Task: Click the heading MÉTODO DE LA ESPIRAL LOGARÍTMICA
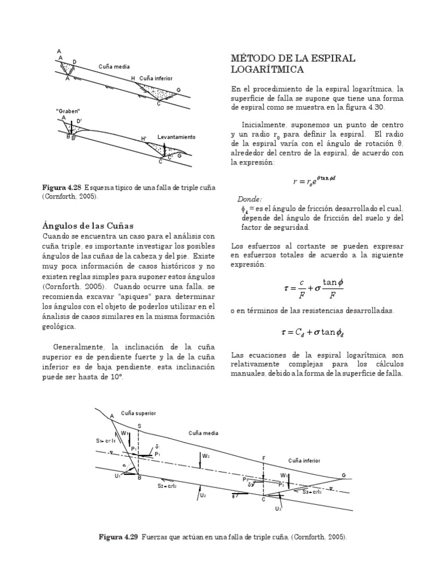pos(293,64)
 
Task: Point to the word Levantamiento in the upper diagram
pos(176,137)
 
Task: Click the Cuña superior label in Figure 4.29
pos(138,413)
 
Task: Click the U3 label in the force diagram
pos(278,508)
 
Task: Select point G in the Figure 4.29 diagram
pos(343,475)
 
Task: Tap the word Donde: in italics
pos(249,199)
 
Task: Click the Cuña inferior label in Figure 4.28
pos(156,78)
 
